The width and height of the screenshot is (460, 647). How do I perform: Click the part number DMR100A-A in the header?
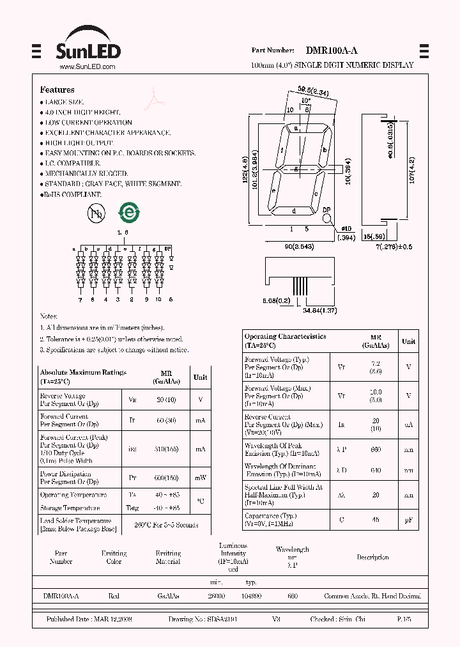point(332,50)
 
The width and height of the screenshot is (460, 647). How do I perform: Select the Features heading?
point(57,90)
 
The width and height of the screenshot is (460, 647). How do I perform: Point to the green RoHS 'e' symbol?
point(128,214)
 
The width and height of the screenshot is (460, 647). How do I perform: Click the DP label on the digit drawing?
point(326,210)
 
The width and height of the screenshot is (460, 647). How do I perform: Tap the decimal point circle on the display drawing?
point(327,219)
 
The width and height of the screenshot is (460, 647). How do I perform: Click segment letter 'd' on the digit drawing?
point(294,210)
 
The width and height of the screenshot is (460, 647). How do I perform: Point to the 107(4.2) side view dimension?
point(412,169)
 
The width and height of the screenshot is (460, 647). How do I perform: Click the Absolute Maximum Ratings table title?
point(83,372)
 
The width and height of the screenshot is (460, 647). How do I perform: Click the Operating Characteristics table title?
point(285,336)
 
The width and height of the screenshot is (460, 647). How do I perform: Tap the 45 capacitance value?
point(376,520)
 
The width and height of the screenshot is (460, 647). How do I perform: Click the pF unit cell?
point(408,520)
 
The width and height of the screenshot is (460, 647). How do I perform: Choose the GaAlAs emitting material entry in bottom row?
point(168,596)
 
